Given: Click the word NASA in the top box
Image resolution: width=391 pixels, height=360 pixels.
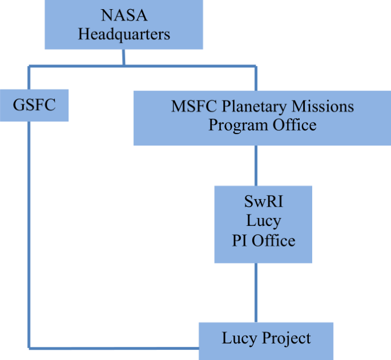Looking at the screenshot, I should (x=124, y=15).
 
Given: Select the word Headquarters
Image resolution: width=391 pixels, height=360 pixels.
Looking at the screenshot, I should (x=124, y=34).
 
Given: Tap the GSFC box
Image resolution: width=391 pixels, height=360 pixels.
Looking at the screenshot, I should (x=34, y=105).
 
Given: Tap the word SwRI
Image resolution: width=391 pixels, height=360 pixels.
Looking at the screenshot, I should (x=263, y=202).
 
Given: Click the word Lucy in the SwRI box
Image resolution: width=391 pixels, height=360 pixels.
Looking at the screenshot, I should (x=263, y=221).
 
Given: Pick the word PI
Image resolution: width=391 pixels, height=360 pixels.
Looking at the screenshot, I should (x=240, y=240).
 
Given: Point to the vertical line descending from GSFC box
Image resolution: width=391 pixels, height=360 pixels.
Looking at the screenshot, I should (x=29, y=228).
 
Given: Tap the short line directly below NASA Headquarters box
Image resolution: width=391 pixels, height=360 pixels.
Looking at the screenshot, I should (x=124, y=58).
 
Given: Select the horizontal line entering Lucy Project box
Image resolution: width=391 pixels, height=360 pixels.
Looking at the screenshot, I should (x=114, y=347).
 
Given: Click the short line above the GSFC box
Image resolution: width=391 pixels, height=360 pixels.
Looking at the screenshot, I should (x=29, y=78).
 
